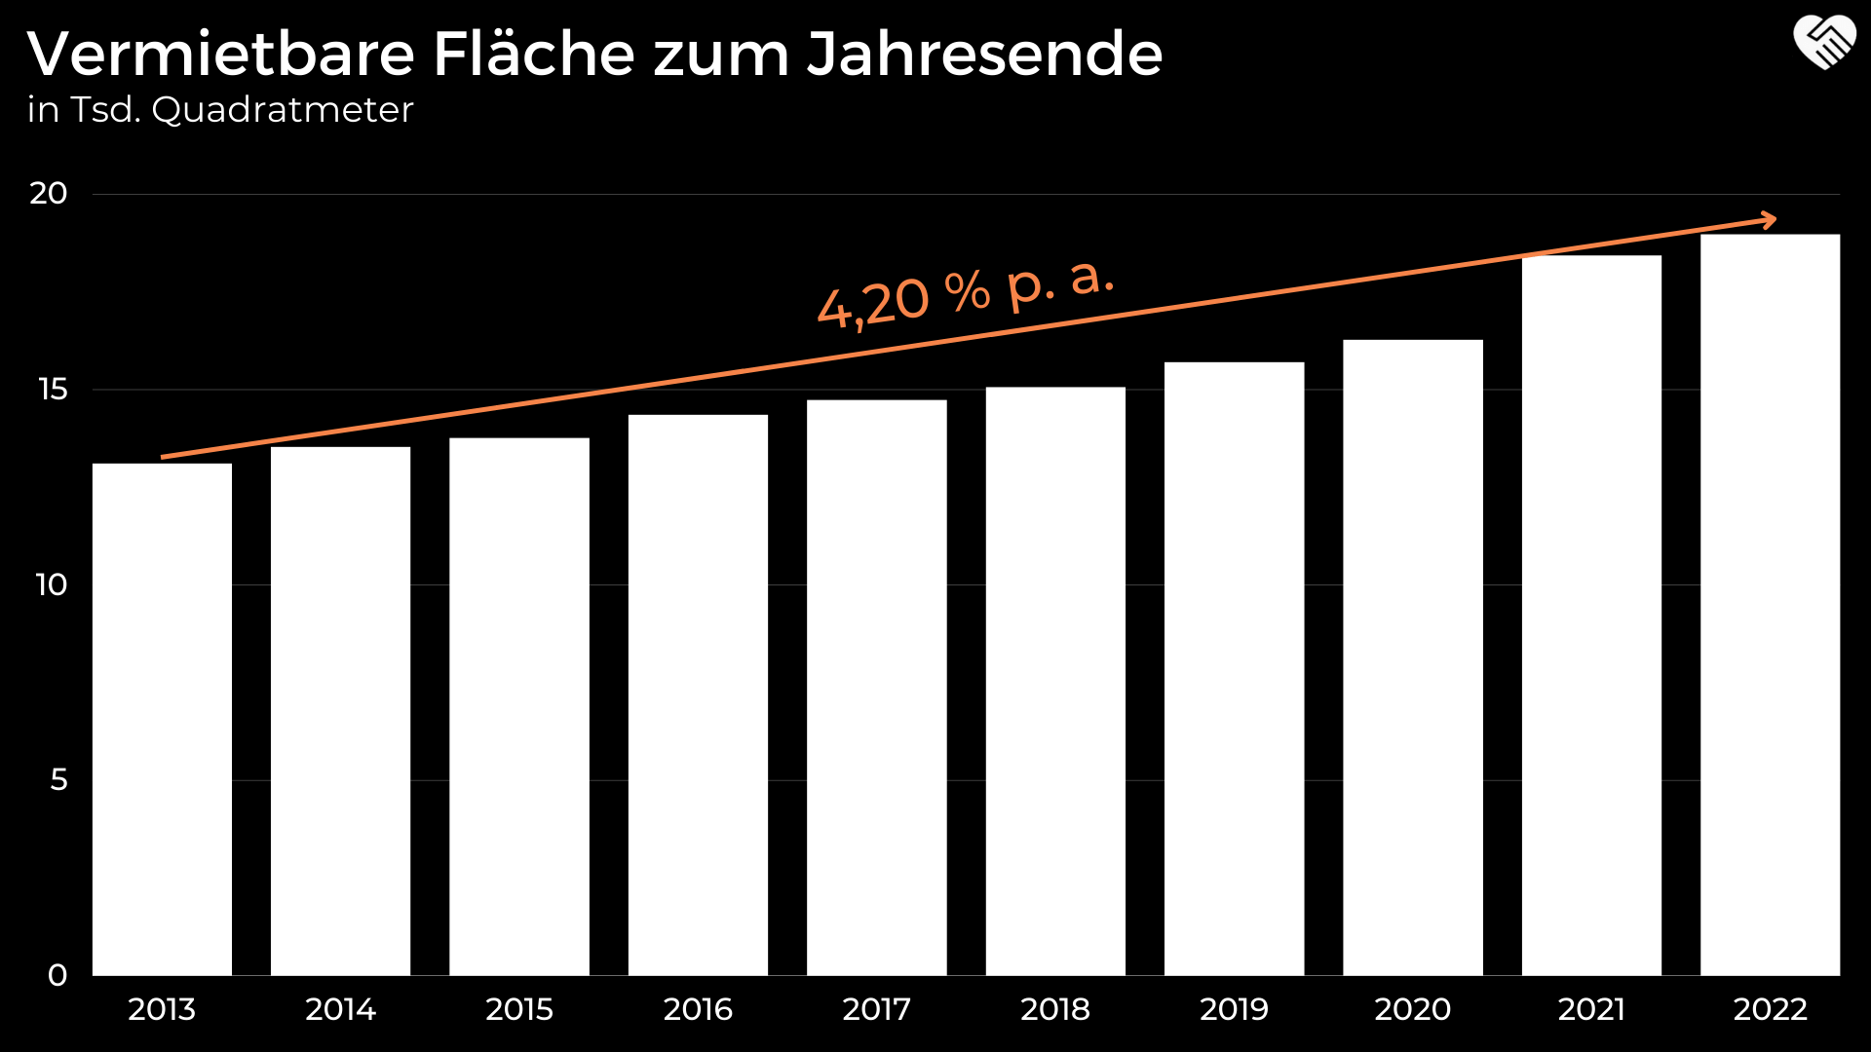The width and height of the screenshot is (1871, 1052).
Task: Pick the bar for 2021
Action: point(1591,615)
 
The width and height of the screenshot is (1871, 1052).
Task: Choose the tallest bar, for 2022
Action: point(1770,604)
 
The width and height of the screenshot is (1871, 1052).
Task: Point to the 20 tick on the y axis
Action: point(49,193)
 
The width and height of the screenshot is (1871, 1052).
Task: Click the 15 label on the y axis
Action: point(53,390)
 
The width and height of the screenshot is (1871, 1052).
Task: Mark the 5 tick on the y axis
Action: point(58,779)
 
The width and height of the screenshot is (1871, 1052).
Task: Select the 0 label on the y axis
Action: point(57,975)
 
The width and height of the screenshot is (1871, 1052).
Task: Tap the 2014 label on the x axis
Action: point(340,1009)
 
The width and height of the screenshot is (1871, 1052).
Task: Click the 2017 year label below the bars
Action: point(876,1009)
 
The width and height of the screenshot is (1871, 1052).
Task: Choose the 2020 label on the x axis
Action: point(1412,1009)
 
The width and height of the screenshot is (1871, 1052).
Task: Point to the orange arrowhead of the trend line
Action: point(1768,220)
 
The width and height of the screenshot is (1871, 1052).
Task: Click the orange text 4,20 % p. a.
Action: point(965,293)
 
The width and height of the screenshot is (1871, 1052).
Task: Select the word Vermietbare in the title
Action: point(221,54)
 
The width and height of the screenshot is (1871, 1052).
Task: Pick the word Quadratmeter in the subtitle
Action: point(283,110)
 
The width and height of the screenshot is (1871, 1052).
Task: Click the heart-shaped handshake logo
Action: point(1824,43)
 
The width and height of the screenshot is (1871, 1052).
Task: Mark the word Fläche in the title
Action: point(534,54)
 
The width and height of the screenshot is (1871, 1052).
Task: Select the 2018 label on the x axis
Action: point(1055,1009)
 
